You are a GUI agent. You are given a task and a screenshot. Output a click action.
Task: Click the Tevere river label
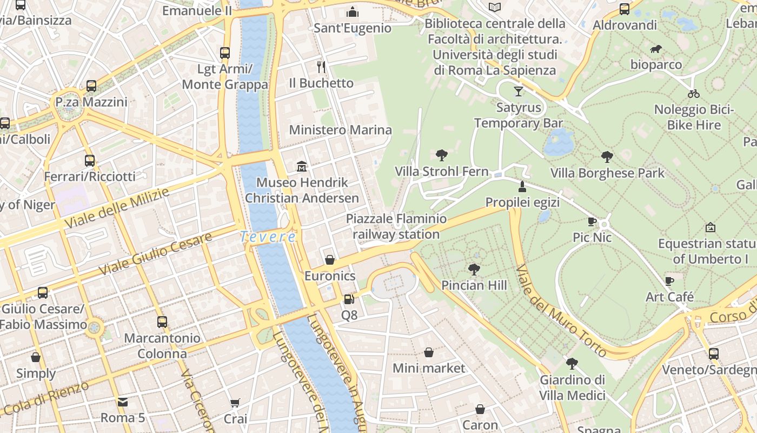pos(268,237)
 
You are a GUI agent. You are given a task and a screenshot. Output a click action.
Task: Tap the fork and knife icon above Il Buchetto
pos(322,67)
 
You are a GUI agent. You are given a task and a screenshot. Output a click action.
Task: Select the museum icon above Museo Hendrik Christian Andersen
pos(302,166)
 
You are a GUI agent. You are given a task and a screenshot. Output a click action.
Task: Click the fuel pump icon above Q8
pos(349,299)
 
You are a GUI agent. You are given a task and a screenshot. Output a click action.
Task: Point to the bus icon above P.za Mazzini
pos(91,86)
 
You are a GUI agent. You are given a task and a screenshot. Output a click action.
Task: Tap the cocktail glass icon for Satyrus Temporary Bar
pos(519,91)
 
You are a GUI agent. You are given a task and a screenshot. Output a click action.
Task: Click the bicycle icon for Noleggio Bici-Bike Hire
pos(694,93)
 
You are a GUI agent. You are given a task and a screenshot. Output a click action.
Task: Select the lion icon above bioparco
pos(656,49)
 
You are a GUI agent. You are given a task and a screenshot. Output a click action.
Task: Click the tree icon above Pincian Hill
pos(474,269)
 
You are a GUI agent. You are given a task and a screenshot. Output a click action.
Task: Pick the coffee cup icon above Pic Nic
pos(592,221)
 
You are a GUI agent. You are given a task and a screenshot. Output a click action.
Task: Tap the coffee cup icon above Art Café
pos(669,280)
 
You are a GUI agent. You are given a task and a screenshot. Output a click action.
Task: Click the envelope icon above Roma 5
pos(123,402)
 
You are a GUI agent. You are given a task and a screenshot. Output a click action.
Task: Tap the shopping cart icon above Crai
pos(235,403)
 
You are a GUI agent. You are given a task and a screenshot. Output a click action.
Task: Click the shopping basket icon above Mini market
pos(429,352)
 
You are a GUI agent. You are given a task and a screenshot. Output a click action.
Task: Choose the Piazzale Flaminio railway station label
pos(396,226)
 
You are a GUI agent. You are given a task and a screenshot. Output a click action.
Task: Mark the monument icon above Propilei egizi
pos(522,187)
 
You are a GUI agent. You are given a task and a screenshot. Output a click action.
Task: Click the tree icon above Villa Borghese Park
pos(607,157)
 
